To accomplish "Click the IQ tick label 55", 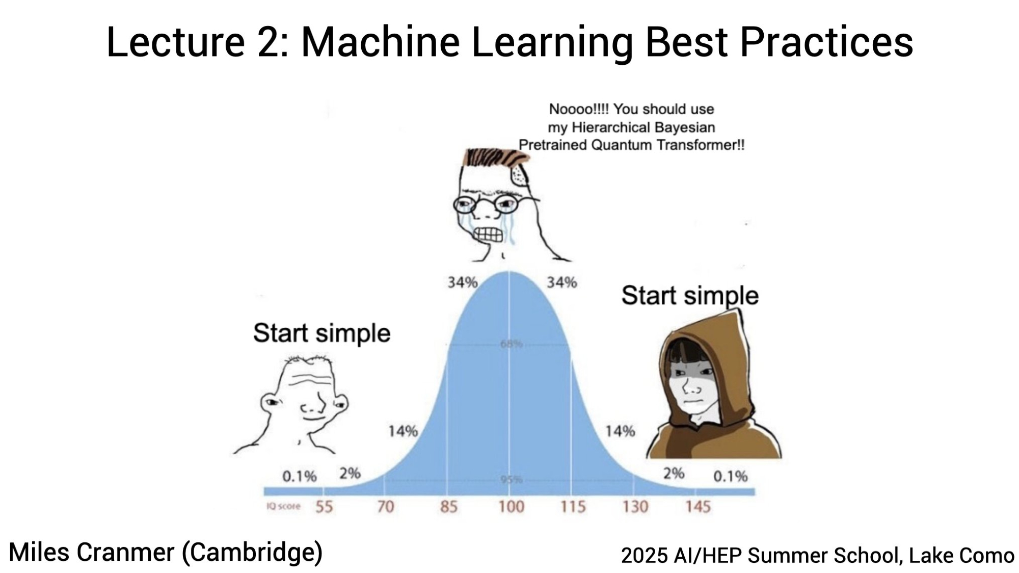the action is click(324, 507).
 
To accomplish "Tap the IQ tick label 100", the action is click(511, 507).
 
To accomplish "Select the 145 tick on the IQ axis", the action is click(698, 507).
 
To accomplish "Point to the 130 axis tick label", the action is click(635, 507).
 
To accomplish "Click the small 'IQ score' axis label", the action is click(283, 506).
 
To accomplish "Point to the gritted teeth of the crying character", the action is click(488, 235).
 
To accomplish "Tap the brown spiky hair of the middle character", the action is click(494, 157).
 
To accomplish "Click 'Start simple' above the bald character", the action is click(322, 333).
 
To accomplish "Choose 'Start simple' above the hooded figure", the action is click(690, 296).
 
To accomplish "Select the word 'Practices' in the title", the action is click(826, 42).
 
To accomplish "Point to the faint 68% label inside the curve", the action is click(511, 345).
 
